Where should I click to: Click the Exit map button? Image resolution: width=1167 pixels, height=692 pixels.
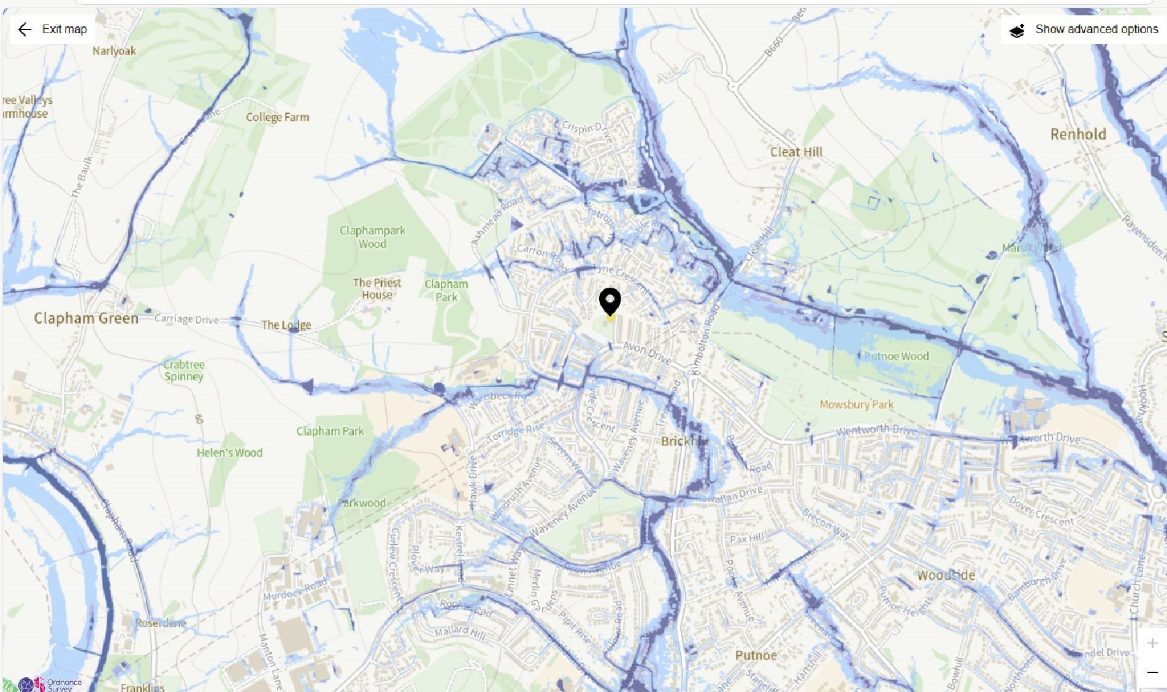pyautogui.click(x=52, y=29)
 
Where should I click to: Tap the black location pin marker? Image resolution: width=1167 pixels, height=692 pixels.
pyautogui.click(x=610, y=302)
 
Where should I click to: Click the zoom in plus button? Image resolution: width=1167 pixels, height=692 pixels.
pyautogui.click(x=1152, y=643)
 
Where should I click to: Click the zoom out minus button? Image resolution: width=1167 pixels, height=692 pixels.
pyautogui.click(x=1152, y=672)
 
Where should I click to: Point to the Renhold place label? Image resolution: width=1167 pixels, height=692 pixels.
pyautogui.click(x=1078, y=134)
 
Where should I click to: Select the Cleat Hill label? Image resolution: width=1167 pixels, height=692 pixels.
pyautogui.click(x=796, y=152)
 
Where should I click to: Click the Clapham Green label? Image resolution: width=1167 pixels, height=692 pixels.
pyautogui.click(x=86, y=318)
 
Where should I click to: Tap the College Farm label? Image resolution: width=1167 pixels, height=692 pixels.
pyautogui.click(x=277, y=117)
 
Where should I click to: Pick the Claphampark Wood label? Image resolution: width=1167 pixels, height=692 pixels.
pyautogui.click(x=372, y=237)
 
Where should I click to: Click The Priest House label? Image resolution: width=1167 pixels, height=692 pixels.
pyautogui.click(x=377, y=288)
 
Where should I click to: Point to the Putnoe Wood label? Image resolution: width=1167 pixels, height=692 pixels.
pyautogui.click(x=896, y=356)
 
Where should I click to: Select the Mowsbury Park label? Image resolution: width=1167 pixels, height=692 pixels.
pyautogui.click(x=856, y=404)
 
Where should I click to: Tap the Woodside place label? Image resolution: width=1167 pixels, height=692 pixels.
pyautogui.click(x=946, y=575)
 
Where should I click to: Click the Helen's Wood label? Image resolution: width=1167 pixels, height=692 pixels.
pyautogui.click(x=229, y=453)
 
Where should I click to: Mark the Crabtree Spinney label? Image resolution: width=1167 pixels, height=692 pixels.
pyautogui.click(x=183, y=370)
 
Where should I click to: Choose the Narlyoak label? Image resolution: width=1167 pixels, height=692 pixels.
pyautogui.click(x=114, y=51)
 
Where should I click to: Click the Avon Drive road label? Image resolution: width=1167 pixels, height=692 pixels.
pyautogui.click(x=646, y=353)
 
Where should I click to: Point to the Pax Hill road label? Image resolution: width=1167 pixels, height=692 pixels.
pyautogui.click(x=747, y=539)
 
